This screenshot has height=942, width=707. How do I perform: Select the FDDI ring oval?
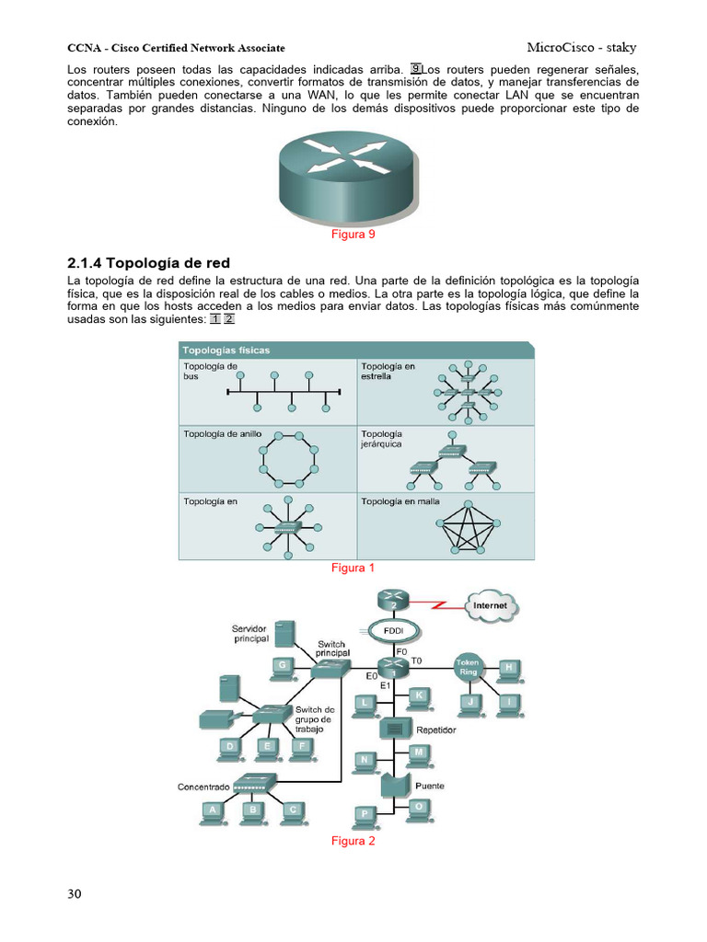point(392,632)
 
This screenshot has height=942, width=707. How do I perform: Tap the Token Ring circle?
point(468,668)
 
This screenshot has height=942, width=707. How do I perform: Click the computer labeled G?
point(283,666)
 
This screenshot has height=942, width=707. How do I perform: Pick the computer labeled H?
point(508,670)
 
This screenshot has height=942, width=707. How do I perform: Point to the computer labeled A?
point(214,811)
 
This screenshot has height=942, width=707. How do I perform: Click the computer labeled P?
point(365,816)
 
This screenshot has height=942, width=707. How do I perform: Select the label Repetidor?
point(436,730)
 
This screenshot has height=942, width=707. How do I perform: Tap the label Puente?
point(430,787)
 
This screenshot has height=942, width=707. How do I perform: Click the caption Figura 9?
point(353,235)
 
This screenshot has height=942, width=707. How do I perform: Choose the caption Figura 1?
point(353,569)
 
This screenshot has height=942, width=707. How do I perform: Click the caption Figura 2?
point(353,842)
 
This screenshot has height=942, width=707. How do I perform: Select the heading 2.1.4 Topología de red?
point(149,262)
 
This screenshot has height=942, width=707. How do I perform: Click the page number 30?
point(75,893)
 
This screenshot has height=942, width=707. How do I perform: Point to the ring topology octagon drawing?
point(290,457)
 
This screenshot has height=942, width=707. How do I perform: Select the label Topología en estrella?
point(388,371)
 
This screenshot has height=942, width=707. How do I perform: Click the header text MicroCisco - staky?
point(582,48)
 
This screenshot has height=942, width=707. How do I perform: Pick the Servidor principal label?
point(250,633)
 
